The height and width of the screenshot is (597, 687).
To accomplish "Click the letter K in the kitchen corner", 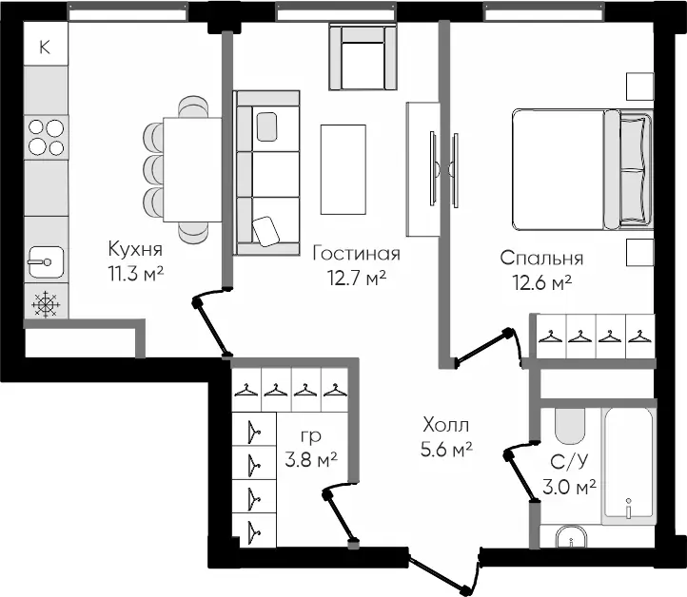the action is (x=45, y=47).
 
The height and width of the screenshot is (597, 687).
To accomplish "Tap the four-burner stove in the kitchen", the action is (x=46, y=138).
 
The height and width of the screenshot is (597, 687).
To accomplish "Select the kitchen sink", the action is (x=46, y=262).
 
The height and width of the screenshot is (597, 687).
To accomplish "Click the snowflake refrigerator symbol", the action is (x=46, y=303).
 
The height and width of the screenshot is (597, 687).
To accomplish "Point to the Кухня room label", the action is (x=135, y=249).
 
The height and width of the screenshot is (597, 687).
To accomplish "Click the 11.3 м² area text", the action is (x=136, y=274).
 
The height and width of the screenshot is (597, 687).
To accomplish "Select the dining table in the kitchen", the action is (x=192, y=169).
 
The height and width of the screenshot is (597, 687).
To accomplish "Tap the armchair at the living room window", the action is (x=363, y=57).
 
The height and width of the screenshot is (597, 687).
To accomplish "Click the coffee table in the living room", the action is (x=343, y=169).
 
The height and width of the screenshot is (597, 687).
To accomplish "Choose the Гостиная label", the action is (x=356, y=254).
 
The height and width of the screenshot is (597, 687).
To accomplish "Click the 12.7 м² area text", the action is (x=357, y=278).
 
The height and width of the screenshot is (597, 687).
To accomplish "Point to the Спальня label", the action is (x=541, y=258).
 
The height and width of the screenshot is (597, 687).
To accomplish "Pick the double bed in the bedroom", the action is (x=582, y=169).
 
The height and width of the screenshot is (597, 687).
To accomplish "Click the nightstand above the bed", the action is (x=639, y=87).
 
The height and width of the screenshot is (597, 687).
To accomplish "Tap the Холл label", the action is (x=445, y=425).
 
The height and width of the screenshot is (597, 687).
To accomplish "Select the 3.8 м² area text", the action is (x=311, y=459).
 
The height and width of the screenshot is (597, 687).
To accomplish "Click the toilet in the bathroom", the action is (x=570, y=426).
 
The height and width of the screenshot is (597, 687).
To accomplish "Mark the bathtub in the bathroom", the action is (x=629, y=466).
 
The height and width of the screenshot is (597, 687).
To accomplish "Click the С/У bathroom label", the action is (x=569, y=462).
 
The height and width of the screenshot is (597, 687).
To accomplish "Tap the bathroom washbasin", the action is (x=571, y=537).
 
